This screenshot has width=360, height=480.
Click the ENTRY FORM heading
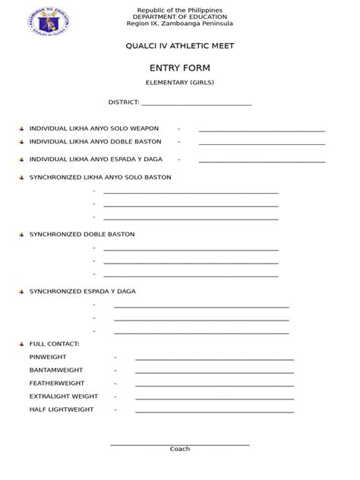pyautogui.click(x=180, y=68)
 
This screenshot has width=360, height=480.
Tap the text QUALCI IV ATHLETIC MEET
pyautogui.click(x=180, y=46)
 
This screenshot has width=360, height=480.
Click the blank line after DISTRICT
pyautogui.click(x=196, y=104)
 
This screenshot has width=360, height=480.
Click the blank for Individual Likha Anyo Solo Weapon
pyautogui.click(x=261, y=131)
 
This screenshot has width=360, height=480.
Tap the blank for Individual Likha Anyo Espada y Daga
pyautogui.click(x=261, y=161)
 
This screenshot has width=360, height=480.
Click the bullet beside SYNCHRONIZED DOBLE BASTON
pyautogui.click(x=21, y=235)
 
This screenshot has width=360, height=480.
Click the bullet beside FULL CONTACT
pyautogui.click(x=21, y=344)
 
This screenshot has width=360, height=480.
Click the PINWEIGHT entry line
pyautogui.click(x=214, y=358)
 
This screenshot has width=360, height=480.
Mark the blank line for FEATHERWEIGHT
pyautogui.click(x=214, y=385)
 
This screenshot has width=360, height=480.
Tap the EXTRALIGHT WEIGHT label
pyautogui.click(x=64, y=396)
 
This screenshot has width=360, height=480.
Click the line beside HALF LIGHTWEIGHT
pyautogui.click(x=214, y=411)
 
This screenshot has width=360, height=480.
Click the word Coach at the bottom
pyautogui.click(x=180, y=449)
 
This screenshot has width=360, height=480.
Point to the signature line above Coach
pyautogui.click(x=180, y=444)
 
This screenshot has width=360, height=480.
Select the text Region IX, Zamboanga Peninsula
pyautogui.click(x=180, y=26)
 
